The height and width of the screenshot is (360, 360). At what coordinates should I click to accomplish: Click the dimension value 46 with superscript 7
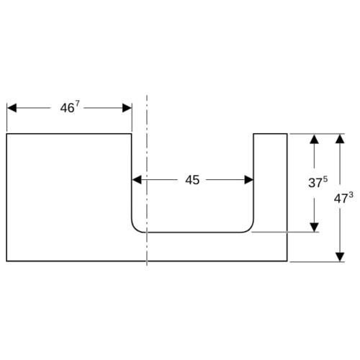(x=70, y=107)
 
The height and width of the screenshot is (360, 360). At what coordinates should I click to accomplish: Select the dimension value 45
(x=192, y=180)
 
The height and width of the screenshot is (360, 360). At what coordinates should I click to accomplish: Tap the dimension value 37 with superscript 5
(x=318, y=182)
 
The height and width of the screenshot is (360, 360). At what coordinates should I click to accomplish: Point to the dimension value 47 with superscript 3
(x=343, y=198)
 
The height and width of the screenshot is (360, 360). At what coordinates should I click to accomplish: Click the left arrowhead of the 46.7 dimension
(x=12, y=108)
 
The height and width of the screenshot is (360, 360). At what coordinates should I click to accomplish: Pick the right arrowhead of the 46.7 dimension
(x=127, y=108)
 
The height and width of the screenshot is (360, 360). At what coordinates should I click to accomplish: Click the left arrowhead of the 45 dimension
(x=137, y=180)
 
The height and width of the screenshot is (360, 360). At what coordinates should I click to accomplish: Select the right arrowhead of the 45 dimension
(x=249, y=180)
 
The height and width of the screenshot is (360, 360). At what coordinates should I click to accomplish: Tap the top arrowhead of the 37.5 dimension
(x=314, y=139)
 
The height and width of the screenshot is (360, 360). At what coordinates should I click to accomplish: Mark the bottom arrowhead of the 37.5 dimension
(x=314, y=228)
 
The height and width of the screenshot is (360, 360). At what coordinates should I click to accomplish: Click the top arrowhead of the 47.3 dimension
(x=340, y=139)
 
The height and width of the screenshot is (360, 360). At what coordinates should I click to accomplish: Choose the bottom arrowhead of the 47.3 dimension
(x=340, y=257)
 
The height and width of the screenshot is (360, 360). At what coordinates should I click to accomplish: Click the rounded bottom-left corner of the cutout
(x=135, y=229)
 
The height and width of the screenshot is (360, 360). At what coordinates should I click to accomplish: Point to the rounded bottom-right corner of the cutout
(x=251, y=229)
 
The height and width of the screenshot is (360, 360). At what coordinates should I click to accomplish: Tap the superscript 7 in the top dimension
(x=77, y=104)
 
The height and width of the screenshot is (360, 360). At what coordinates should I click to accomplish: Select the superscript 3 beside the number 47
(x=351, y=195)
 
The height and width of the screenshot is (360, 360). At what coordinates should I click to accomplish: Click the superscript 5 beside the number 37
(x=325, y=179)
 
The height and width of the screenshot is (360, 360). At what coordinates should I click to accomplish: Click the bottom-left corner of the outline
(x=6, y=261)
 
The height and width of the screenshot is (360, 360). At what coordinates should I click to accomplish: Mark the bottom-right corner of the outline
(x=287, y=261)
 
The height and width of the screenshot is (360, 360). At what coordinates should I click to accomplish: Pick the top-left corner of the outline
(x=6, y=134)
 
